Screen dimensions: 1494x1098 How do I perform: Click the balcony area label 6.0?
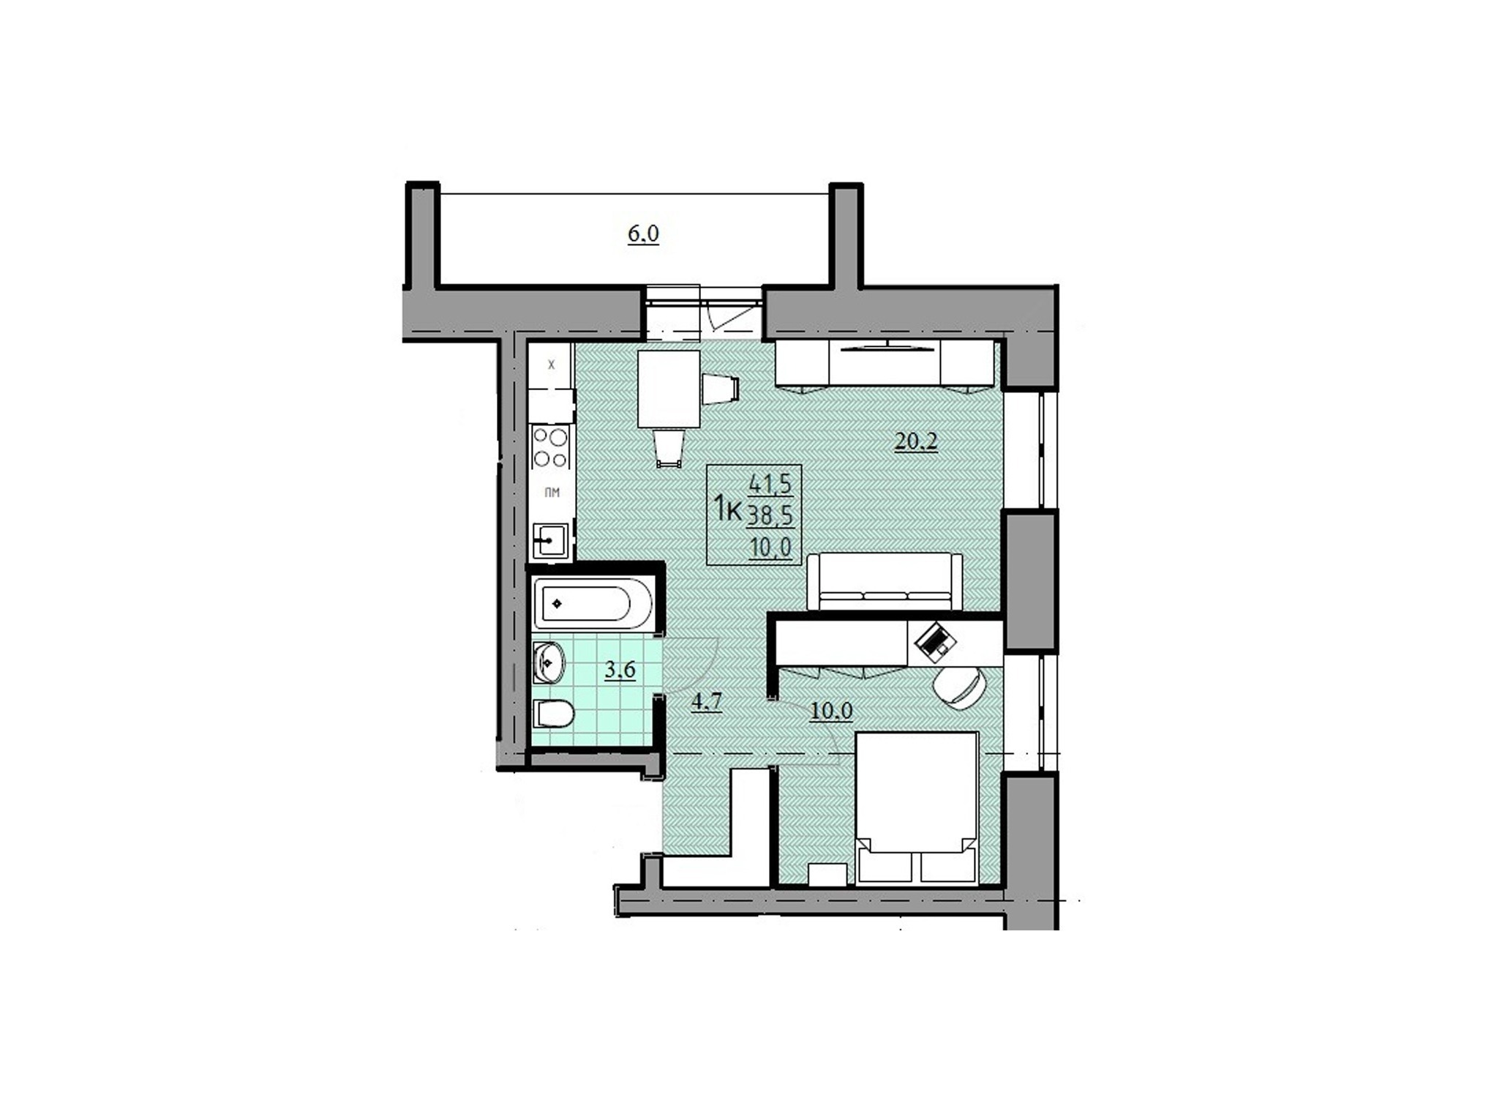(643, 234)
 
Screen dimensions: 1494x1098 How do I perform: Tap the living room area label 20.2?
(916, 441)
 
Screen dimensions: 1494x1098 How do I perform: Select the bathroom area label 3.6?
(620, 670)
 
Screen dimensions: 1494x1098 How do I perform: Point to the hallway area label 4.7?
(707, 702)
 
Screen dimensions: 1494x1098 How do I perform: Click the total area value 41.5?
(770, 483)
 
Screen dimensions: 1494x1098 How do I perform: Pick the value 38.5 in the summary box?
(770, 515)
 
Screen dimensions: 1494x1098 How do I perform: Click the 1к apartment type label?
(727, 507)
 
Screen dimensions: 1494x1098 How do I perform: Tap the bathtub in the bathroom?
(593, 604)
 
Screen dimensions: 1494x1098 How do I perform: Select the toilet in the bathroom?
(553, 714)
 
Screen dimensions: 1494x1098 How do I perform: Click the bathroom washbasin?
(549, 663)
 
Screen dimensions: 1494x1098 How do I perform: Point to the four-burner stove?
(551, 448)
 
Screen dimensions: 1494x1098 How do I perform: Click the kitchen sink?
(550, 541)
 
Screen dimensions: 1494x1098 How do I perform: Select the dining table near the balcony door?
(669, 389)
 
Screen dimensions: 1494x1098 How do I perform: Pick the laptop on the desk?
(936, 641)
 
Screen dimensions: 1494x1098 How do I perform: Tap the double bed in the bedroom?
(917, 809)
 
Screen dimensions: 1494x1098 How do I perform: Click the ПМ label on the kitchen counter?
(552, 493)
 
